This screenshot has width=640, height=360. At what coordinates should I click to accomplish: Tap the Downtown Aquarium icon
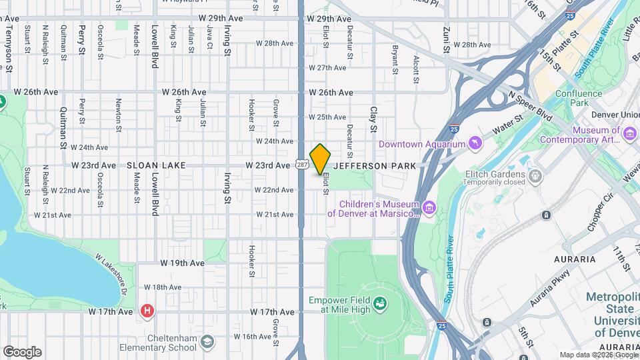coord(475,143)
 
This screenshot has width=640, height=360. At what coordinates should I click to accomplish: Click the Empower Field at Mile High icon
coord(380,305)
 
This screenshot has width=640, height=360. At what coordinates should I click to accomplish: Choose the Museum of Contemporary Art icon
coord(629,135)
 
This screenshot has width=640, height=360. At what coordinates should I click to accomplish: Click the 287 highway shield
coord(302,165)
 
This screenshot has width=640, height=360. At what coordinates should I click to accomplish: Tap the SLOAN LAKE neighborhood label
coord(156,165)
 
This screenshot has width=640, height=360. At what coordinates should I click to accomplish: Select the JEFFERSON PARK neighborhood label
coord(375,165)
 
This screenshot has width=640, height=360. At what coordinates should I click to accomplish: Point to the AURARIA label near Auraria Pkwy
coord(574,258)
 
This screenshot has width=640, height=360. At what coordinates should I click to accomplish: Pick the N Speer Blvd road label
coord(530,106)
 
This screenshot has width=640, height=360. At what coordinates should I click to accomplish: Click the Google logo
coord(22,351)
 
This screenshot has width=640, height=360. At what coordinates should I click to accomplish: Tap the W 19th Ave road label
coord(183,263)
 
